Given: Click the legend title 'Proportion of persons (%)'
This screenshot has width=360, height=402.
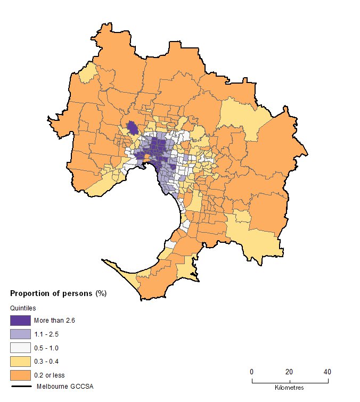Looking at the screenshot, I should [x=59, y=293].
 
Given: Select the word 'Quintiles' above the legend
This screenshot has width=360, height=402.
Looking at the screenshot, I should [x=23, y=308].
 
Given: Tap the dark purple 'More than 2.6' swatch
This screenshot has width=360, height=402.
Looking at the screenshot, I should [x=20, y=321].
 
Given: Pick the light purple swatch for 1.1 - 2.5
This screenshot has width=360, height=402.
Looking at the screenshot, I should [x=20, y=334].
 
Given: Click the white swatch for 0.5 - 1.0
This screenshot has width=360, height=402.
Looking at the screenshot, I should [x=20, y=348].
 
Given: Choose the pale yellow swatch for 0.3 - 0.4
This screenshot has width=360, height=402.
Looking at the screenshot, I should [x=20, y=361].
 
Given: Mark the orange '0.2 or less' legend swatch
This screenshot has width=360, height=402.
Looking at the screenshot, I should [x=20, y=375].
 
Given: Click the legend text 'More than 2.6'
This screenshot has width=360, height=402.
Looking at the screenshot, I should [x=53, y=321].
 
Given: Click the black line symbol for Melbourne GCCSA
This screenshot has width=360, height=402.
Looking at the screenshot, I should [x=20, y=387].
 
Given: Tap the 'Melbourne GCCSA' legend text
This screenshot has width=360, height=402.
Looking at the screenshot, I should [x=61, y=387].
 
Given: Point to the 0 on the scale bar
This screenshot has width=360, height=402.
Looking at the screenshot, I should [x=252, y=372].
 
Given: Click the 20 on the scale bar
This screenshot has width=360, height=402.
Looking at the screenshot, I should [x=289, y=372].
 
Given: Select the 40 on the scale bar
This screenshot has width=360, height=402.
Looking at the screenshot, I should [x=328, y=372].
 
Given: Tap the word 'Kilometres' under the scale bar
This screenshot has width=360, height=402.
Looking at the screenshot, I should [x=290, y=387].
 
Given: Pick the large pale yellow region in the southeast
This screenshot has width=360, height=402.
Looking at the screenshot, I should [x=256, y=234].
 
